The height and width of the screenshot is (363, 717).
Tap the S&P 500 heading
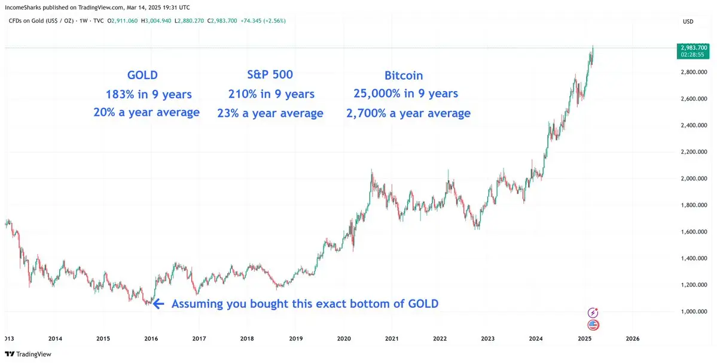[x=270, y=75]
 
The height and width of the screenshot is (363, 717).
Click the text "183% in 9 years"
[x=148, y=94]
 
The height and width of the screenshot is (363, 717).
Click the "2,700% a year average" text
[x=408, y=113]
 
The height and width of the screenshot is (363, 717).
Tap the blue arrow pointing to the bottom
[x=158, y=304]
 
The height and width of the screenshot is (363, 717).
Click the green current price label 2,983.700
[x=694, y=47]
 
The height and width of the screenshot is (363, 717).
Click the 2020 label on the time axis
[x=344, y=338]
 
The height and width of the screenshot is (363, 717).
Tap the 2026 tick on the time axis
[x=632, y=338]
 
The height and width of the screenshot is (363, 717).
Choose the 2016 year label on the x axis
[x=151, y=338]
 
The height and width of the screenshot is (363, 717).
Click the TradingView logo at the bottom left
[x=29, y=354]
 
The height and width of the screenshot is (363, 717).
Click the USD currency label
[x=688, y=22]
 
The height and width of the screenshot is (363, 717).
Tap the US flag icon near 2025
[x=593, y=325]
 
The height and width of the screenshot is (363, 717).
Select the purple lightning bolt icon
[x=593, y=312]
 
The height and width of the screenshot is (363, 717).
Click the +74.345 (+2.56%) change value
[x=264, y=21]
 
